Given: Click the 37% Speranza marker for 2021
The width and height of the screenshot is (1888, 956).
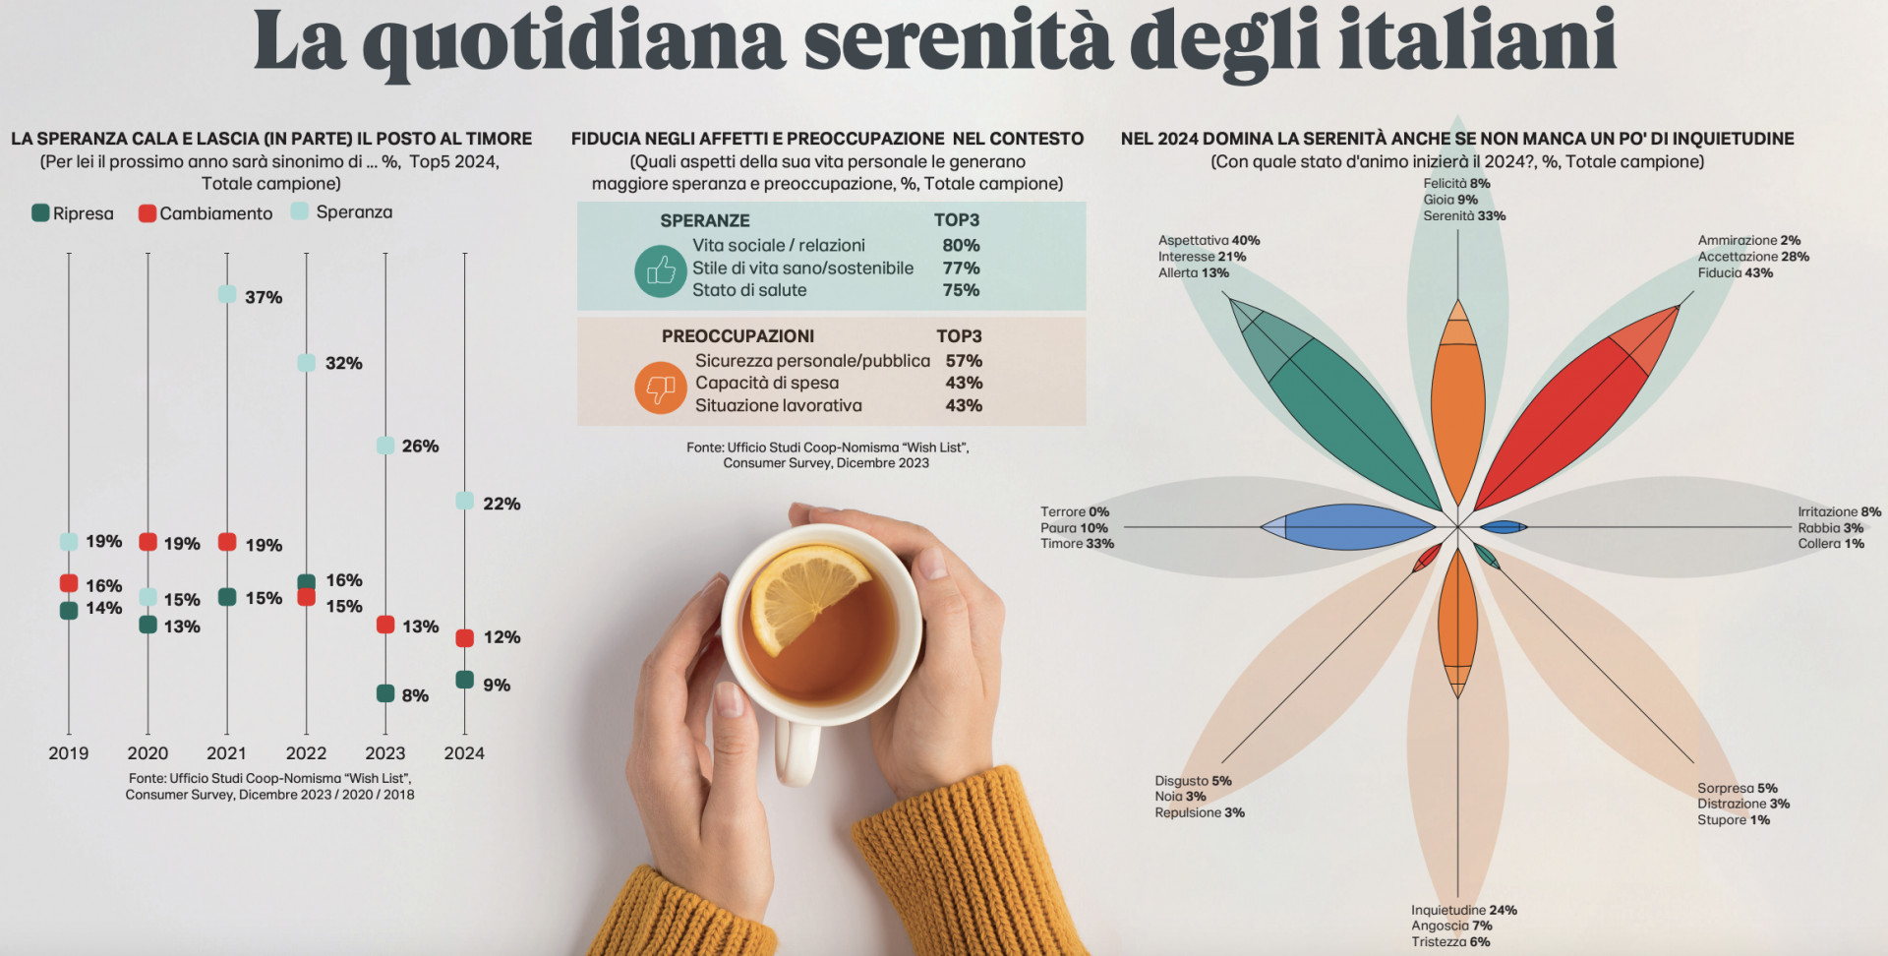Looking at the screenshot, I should (227, 294).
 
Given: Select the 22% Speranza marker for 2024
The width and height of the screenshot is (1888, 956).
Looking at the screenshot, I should (465, 501).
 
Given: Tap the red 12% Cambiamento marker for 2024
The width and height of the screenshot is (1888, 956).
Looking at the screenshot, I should (465, 638).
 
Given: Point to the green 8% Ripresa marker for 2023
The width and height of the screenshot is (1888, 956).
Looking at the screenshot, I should (385, 693).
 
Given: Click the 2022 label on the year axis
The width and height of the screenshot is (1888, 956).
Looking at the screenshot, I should (306, 753).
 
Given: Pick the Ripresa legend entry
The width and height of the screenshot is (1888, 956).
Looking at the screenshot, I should (73, 213).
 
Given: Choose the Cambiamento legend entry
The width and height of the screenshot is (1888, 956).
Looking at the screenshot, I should (206, 213).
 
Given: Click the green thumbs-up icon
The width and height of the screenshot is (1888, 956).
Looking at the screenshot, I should (660, 270).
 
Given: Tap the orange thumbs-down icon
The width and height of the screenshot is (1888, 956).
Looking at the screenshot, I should (660, 388).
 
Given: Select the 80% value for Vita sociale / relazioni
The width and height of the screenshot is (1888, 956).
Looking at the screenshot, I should (961, 245).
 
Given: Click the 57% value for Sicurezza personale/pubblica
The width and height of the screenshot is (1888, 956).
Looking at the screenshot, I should (964, 361).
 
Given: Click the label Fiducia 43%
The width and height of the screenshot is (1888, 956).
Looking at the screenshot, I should (1735, 272).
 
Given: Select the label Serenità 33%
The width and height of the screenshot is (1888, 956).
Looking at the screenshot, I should (1464, 215).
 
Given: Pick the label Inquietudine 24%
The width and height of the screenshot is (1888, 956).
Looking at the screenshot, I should (1464, 910).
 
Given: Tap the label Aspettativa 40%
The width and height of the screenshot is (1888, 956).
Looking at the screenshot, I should (1209, 240).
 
